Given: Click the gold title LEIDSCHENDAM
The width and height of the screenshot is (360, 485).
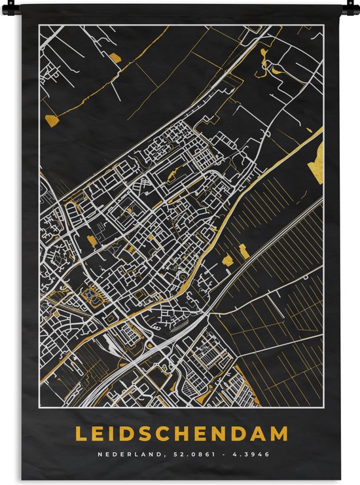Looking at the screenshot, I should (x=181, y=433).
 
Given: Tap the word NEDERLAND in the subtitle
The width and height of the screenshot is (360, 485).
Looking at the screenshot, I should (x=122, y=454).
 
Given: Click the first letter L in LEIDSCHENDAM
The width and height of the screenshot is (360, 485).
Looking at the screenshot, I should (x=80, y=433).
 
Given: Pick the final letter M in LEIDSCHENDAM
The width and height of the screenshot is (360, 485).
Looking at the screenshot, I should (x=280, y=433).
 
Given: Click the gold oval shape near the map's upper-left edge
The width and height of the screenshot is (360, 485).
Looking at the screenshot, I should (x=52, y=119).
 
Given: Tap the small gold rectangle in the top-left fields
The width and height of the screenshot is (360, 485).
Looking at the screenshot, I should (x=115, y=58).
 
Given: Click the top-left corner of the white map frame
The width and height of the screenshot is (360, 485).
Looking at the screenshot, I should (x=39, y=26).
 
